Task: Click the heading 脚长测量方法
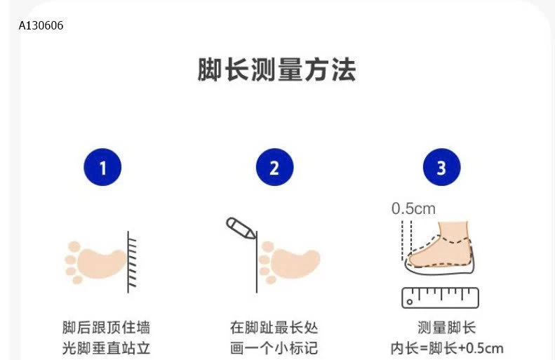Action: click(277, 71)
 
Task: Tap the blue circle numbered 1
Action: click(102, 168)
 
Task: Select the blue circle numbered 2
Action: click(274, 168)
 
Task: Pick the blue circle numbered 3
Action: click(441, 168)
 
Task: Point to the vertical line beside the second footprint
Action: click(255, 263)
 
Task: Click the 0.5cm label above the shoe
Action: click(413, 208)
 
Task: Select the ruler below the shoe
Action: click(440, 298)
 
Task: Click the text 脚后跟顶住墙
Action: click(106, 328)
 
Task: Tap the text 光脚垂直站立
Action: click(106, 348)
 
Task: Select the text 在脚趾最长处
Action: click(274, 328)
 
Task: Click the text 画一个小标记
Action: click(274, 348)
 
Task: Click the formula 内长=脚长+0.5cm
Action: click(446, 348)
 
